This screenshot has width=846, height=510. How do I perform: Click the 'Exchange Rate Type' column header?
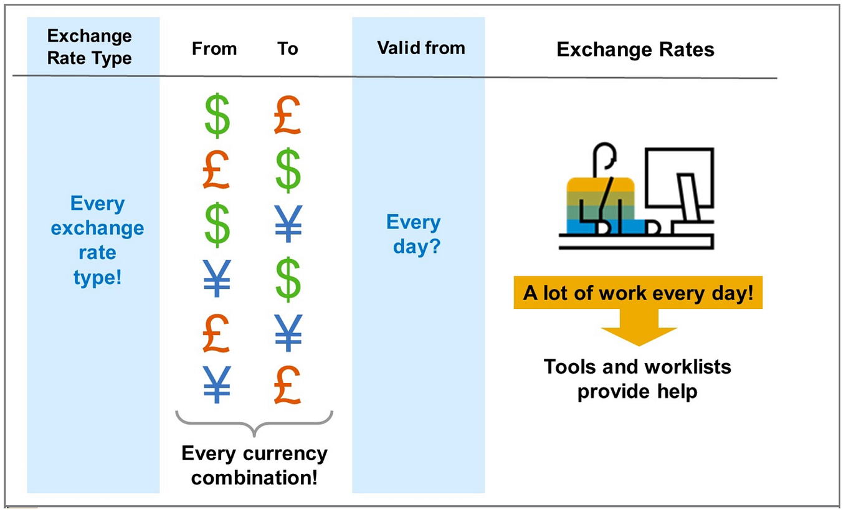90,47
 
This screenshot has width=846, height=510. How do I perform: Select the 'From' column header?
214,49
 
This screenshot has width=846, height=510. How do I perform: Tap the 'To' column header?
288,49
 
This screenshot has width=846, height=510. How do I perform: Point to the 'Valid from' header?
421,48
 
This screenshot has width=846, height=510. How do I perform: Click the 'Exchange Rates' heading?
635,50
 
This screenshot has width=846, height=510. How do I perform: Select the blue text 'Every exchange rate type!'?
97,240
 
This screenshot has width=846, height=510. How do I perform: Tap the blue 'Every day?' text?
414,234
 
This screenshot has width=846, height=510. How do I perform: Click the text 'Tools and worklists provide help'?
637,379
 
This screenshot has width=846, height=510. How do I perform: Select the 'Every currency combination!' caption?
254,465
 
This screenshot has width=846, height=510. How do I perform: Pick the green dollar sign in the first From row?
217,116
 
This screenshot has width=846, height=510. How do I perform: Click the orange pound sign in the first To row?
288,116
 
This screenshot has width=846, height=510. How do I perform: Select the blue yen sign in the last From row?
217,384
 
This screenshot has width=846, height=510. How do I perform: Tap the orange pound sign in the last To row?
288,384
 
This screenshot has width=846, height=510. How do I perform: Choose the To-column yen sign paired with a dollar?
288,223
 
